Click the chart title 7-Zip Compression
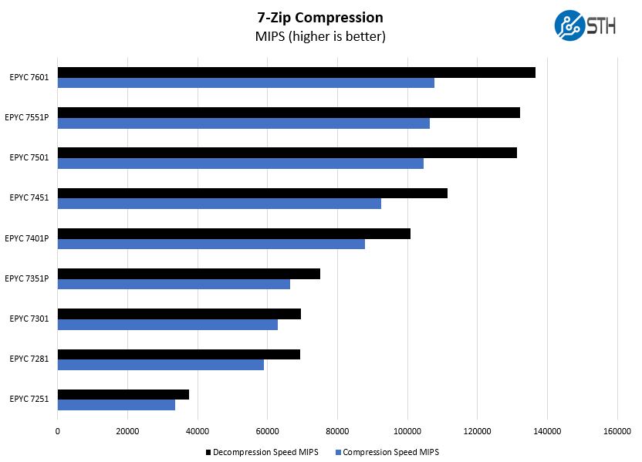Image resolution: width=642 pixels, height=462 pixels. point(320,18)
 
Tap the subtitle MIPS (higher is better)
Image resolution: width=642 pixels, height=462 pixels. point(320,36)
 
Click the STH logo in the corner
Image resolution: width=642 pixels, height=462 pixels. point(585,25)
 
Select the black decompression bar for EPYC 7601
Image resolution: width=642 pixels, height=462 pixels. point(296,73)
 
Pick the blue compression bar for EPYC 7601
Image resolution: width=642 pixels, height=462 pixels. point(246,83)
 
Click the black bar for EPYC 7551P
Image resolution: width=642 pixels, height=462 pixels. point(289,113)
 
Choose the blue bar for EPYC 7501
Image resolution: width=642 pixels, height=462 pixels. point(241,164)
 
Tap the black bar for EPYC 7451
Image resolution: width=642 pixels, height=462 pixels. point(252,193)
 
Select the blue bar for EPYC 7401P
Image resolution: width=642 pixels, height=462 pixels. point(211,244)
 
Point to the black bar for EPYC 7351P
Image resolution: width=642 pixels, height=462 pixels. point(189,274)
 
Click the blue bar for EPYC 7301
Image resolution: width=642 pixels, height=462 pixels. point(167,325)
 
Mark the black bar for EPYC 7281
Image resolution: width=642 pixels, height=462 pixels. point(179,354)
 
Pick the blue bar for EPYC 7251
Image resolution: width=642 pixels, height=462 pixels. point(117,405)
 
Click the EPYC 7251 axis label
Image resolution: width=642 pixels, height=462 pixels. point(29,399)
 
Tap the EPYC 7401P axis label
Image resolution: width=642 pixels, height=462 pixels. point(27,238)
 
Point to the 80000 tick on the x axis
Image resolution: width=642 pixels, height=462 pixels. point(337,431)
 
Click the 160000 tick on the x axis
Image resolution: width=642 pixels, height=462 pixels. point(617,431)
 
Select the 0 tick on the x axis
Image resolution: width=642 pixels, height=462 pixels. point(58,431)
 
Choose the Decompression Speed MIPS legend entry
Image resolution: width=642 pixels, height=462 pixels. point(262,452)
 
